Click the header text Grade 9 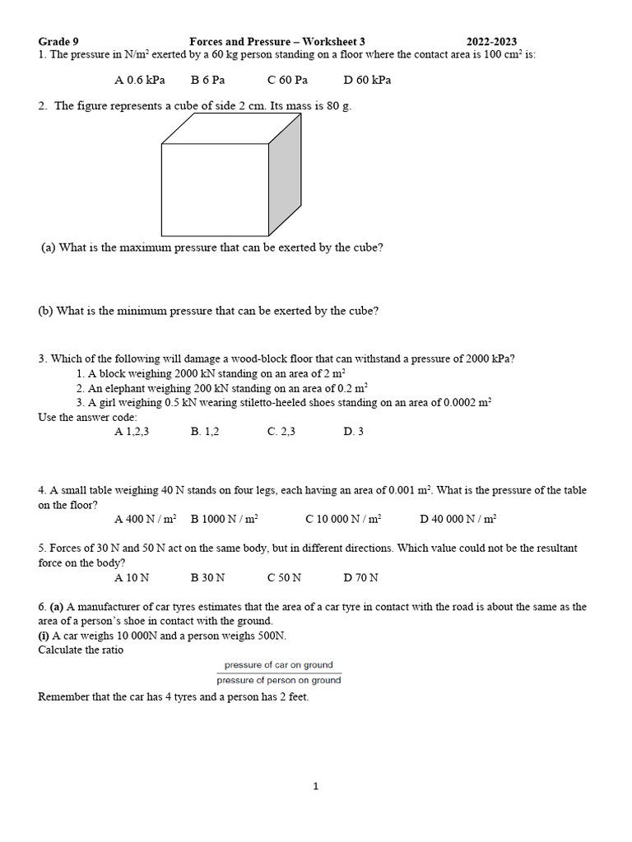click(58, 42)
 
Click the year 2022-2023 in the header click(491, 42)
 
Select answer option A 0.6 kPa click(140, 80)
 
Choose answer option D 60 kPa click(367, 80)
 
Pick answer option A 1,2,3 click(132, 431)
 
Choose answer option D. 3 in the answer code click(354, 431)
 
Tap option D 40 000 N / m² click(458, 519)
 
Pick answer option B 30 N click(207, 577)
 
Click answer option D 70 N click(361, 577)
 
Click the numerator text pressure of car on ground click(279, 664)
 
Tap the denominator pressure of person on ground click(279, 680)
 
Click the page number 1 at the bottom click(315, 787)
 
